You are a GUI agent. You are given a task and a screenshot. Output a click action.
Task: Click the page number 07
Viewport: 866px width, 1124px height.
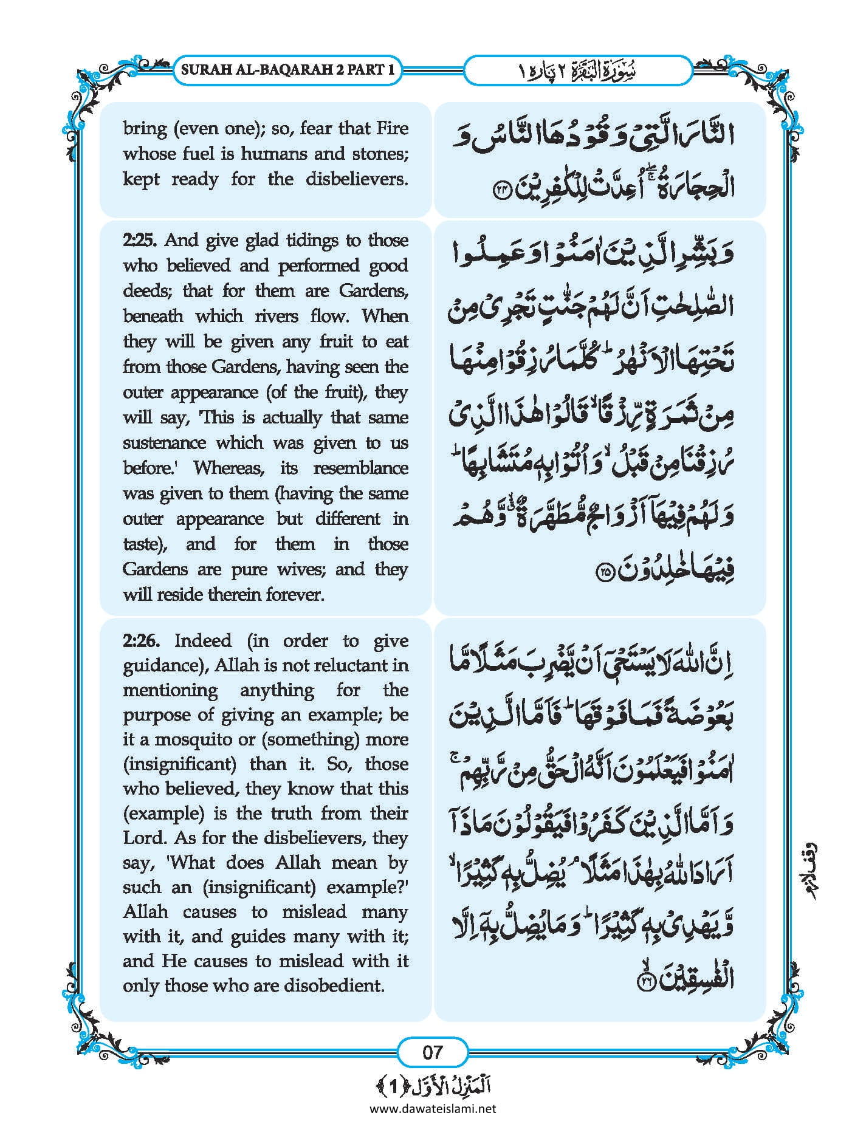pos(432,1052)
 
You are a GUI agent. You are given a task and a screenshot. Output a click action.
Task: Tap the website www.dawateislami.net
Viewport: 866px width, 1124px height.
pos(433,1108)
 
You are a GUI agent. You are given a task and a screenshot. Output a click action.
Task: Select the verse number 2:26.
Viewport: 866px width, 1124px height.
pos(141,640)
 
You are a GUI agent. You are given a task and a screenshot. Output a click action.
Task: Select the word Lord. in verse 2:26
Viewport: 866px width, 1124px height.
pos(145,837)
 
